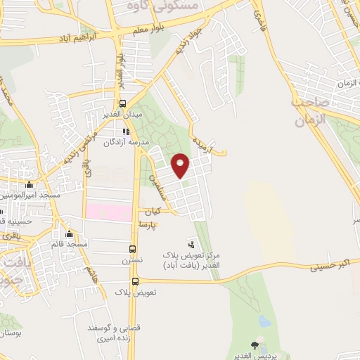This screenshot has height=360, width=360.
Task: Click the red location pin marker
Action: [181, 165]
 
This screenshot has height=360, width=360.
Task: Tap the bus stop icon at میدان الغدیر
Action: [123, 104]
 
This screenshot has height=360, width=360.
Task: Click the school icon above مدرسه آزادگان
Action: [125, 131]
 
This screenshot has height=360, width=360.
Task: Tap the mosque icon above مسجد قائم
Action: [69, 234]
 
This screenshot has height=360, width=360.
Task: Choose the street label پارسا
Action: [148, 224]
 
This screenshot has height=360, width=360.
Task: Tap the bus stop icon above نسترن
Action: [134, 248]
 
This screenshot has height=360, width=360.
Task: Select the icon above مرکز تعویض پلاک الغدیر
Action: [193, 245]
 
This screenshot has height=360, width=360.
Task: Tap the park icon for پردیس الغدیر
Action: [255, 345]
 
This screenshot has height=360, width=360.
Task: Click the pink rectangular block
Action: [109, 210]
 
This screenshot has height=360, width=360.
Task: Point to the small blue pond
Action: [264, 321]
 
